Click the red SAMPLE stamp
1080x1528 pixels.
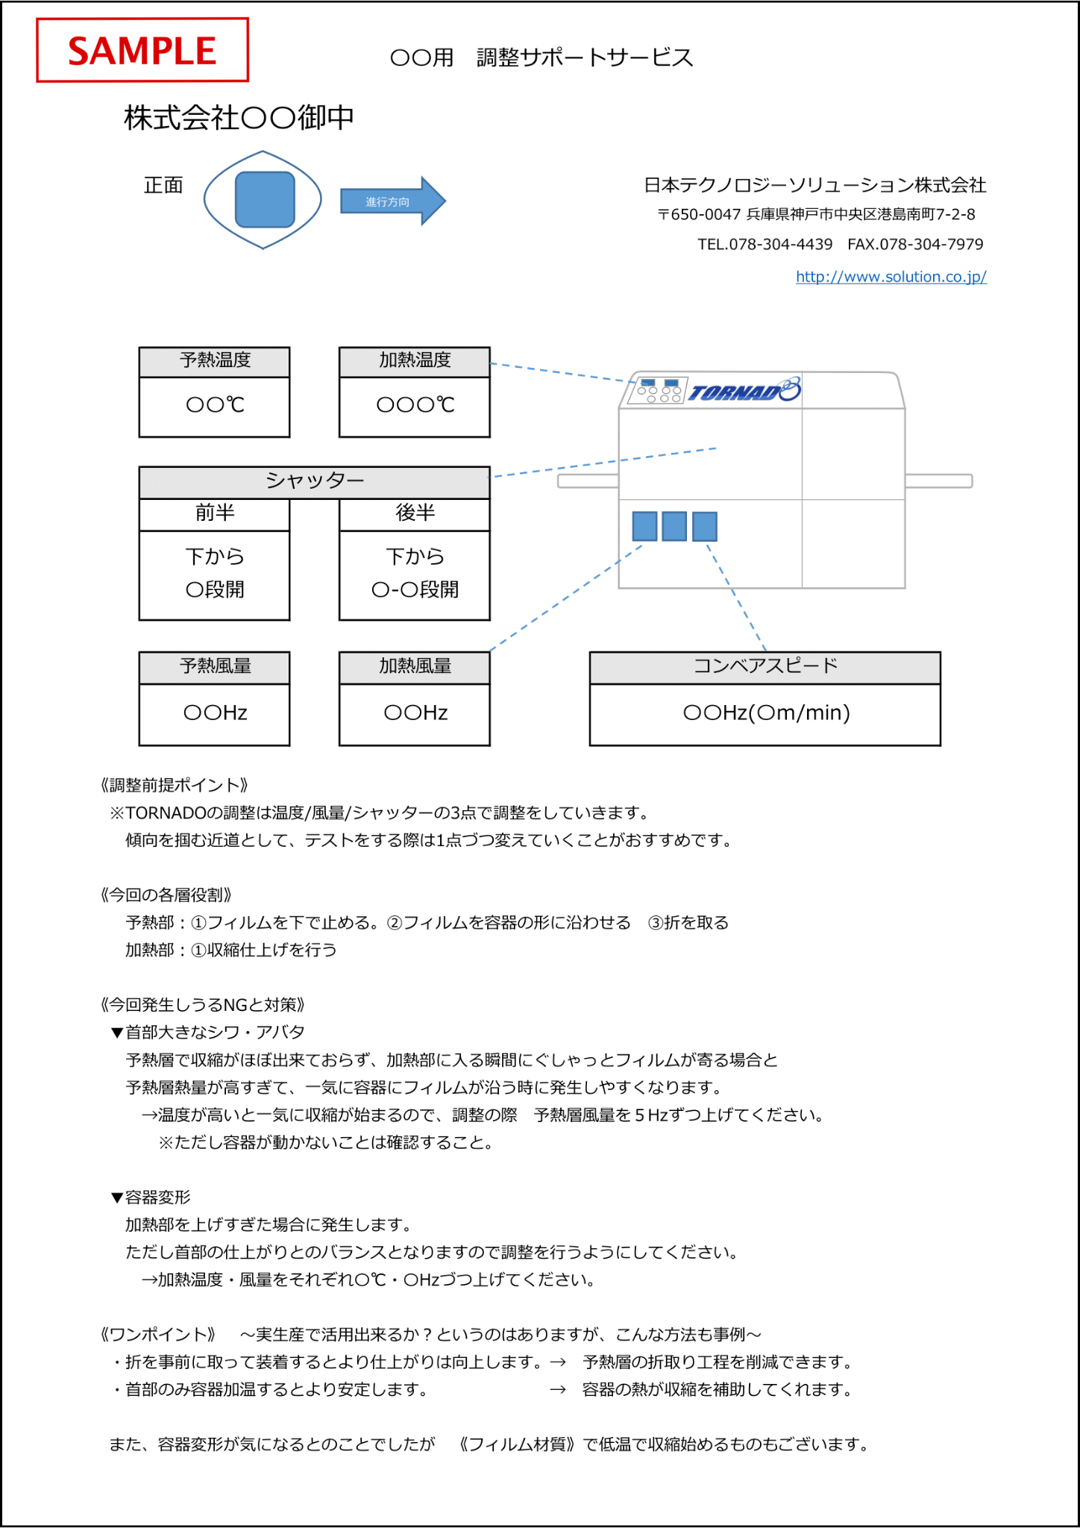point(142,50)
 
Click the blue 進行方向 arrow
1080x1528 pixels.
point(393,201)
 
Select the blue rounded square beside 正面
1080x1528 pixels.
point(265,199)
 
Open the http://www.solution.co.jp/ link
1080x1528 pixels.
point(891,277)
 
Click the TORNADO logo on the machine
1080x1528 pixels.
point(744,390)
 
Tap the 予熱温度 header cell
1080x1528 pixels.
point(215,361)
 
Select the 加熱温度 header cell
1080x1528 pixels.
point(415,361)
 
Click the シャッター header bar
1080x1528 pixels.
point(315,482)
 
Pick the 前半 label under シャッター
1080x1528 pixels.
point(215,513)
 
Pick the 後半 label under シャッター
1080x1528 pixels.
point(415,513)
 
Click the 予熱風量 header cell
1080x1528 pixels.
point(215,667)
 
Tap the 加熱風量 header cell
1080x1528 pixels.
point(415,667)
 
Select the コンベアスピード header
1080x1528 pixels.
point(765,667)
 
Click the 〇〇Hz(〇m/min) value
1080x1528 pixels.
point(767,713)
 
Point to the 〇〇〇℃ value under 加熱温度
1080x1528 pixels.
point(415,404)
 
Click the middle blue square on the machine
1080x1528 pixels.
point(674,526)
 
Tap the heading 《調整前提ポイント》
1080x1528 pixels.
point(174,785)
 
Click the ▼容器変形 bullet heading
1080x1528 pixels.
point(151,1197)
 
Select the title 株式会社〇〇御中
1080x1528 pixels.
point(239,118)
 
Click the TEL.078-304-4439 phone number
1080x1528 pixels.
point(765,245)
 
